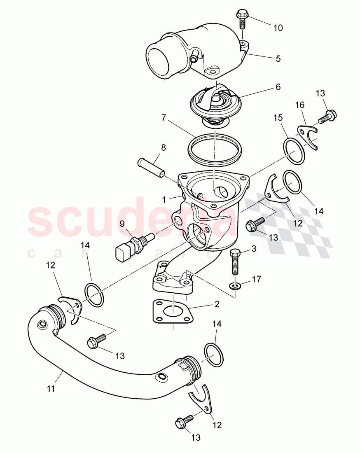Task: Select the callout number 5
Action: point(278,59)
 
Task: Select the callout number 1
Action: point(164,199)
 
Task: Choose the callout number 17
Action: point(256,279)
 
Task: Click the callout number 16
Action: point(300,106)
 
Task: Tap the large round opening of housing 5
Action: point(159,62)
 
